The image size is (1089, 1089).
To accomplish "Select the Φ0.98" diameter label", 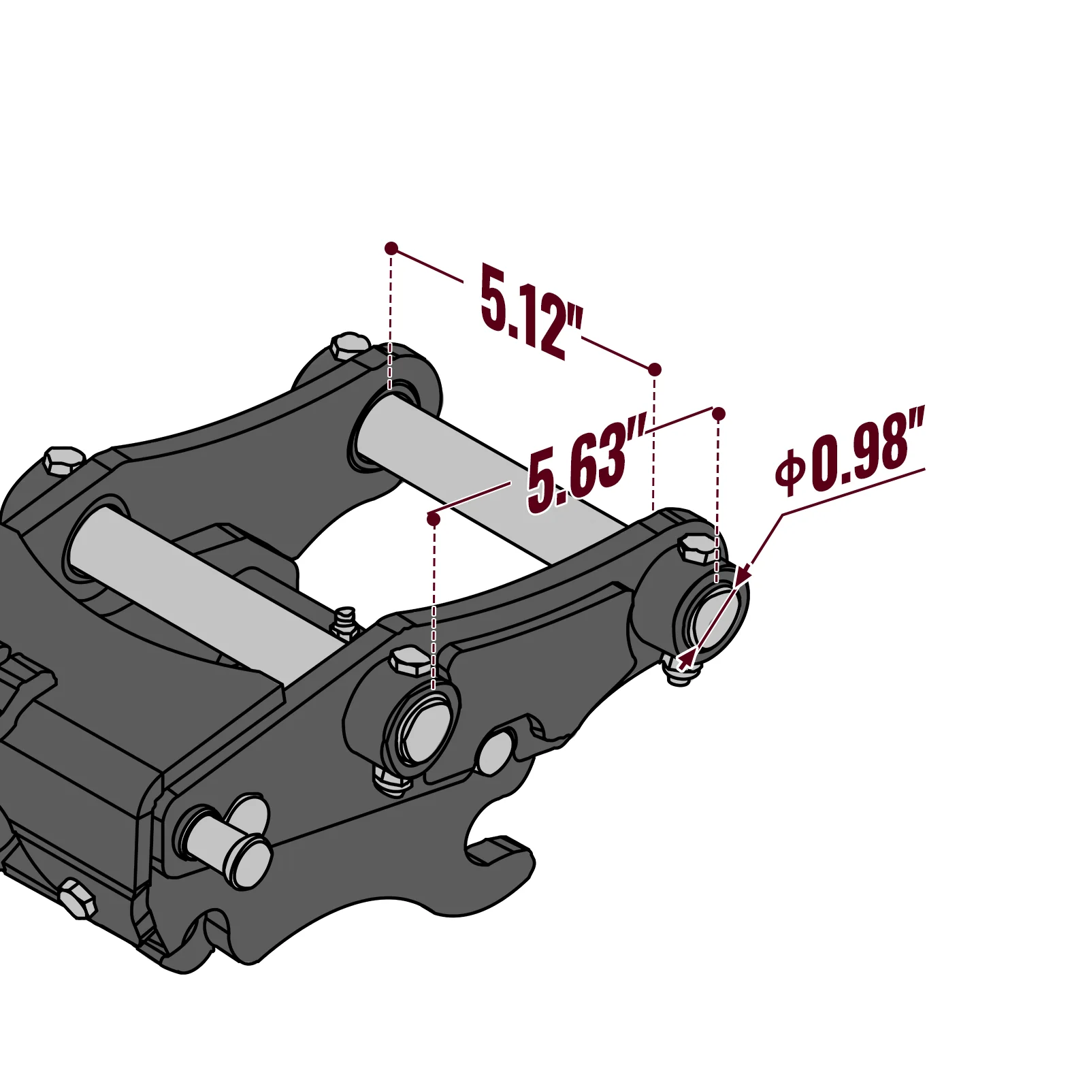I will [851, 453].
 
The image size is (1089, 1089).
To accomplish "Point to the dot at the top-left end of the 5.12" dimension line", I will [391, 248].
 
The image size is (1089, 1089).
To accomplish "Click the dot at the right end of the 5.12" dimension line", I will [654, 370].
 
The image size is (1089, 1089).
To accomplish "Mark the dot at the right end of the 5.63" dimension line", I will [718, 413].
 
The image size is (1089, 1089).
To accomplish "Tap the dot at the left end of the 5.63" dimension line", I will [433, 519].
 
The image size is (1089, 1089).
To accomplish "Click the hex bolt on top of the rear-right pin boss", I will [698, 549].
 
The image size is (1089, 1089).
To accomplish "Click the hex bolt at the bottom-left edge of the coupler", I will [78, 898].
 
